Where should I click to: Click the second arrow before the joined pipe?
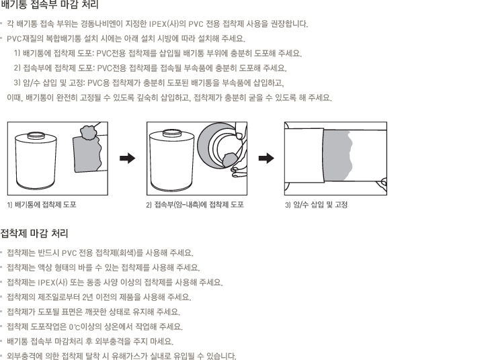[x=266, y=159]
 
